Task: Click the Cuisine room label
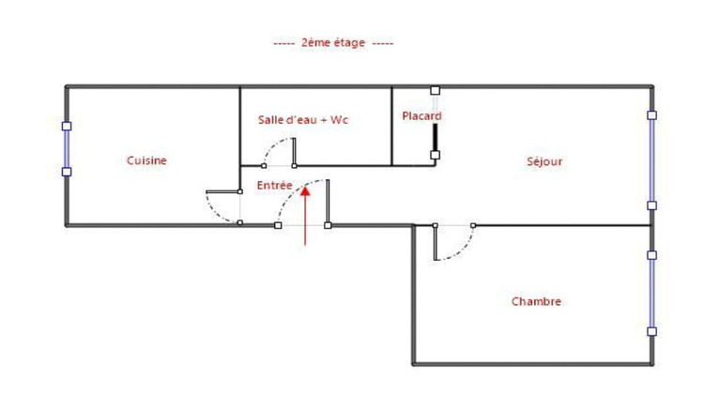(x=146, y=160)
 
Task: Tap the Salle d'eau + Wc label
(x=303, y=120)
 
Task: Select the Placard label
(x=421, y=116)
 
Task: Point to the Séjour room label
(x=544, y=161)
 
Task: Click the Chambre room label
(x=536, y=301)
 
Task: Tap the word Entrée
(x=274, y=185)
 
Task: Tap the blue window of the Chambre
(x=651, y=292)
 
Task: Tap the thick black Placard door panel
(x=435, y=135)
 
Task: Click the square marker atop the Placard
(x=435, y=90)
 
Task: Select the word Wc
(x=340, y=120)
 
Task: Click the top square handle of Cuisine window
(x=67, y=126)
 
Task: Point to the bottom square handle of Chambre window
(x=651, y=331)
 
